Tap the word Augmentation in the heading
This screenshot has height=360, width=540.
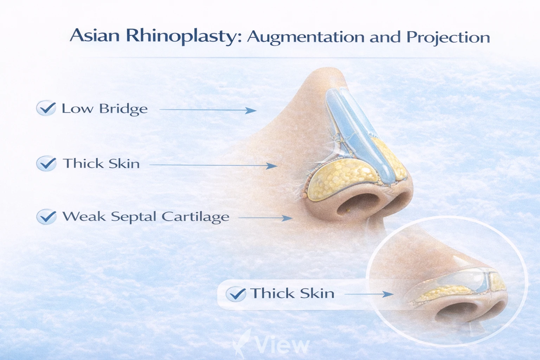(306, 37)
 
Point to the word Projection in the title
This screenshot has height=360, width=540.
(448, 37)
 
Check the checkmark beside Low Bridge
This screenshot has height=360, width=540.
(46, 108)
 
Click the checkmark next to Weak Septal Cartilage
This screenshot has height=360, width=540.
(46, 217)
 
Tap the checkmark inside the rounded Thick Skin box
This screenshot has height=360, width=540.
(236, 294)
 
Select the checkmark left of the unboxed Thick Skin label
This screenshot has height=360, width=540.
(46, 163)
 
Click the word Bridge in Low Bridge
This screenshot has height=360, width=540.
(123, 109)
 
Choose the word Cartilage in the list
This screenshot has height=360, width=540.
(195, 217)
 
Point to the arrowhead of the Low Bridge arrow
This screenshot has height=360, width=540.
(252, 110)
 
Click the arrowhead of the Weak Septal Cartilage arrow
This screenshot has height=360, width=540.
(288, 218)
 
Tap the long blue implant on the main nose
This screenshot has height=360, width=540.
(355, 134)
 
